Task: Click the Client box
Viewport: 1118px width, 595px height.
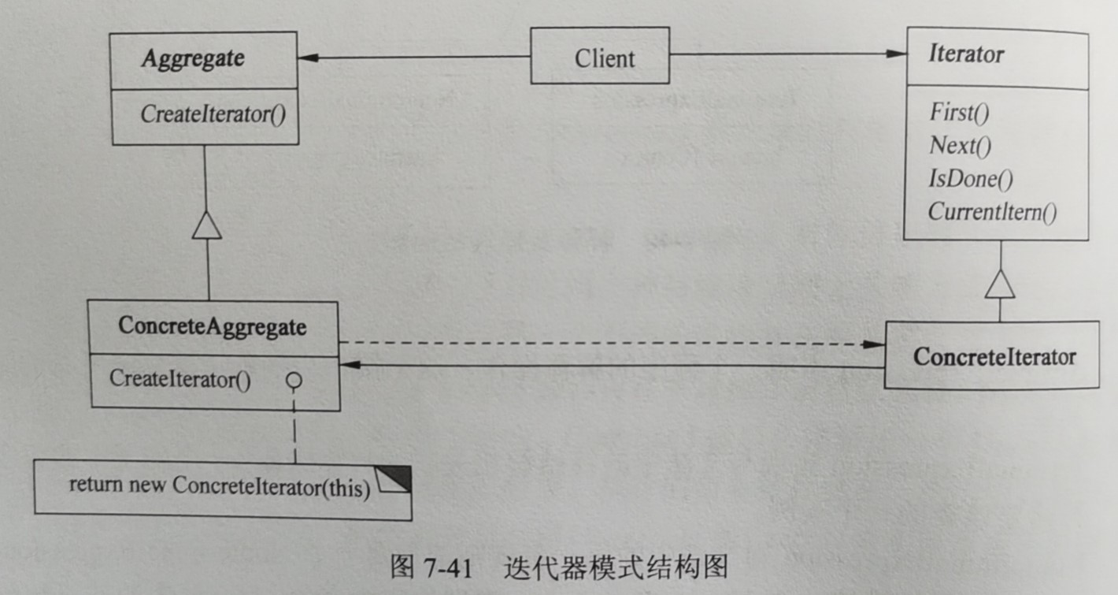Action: click(x=600, y=57)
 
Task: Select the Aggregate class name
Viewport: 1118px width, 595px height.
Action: click(x=193, y=58)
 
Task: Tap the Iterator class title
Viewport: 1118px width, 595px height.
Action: click(x=966, y=54)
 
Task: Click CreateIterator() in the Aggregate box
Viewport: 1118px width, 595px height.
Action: click(x=213, y=114)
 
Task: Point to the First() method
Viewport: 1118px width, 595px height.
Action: click(x=958, y=112)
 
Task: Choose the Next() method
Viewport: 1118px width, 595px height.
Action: click(x=960, y=146)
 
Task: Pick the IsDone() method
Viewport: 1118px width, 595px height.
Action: click(x=970, y=179)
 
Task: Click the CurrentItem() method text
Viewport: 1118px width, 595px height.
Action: click(x=992, y=212)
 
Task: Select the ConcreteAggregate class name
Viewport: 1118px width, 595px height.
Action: click(x=212, y=326)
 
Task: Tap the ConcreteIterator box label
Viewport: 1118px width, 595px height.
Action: click(x=994, y=356)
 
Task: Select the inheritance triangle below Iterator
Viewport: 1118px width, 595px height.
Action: click(x=1000, y=283)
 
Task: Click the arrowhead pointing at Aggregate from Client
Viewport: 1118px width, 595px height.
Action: click(x=309, y=58)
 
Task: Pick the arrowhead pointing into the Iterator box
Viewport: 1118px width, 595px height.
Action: click(x=897, y=54)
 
